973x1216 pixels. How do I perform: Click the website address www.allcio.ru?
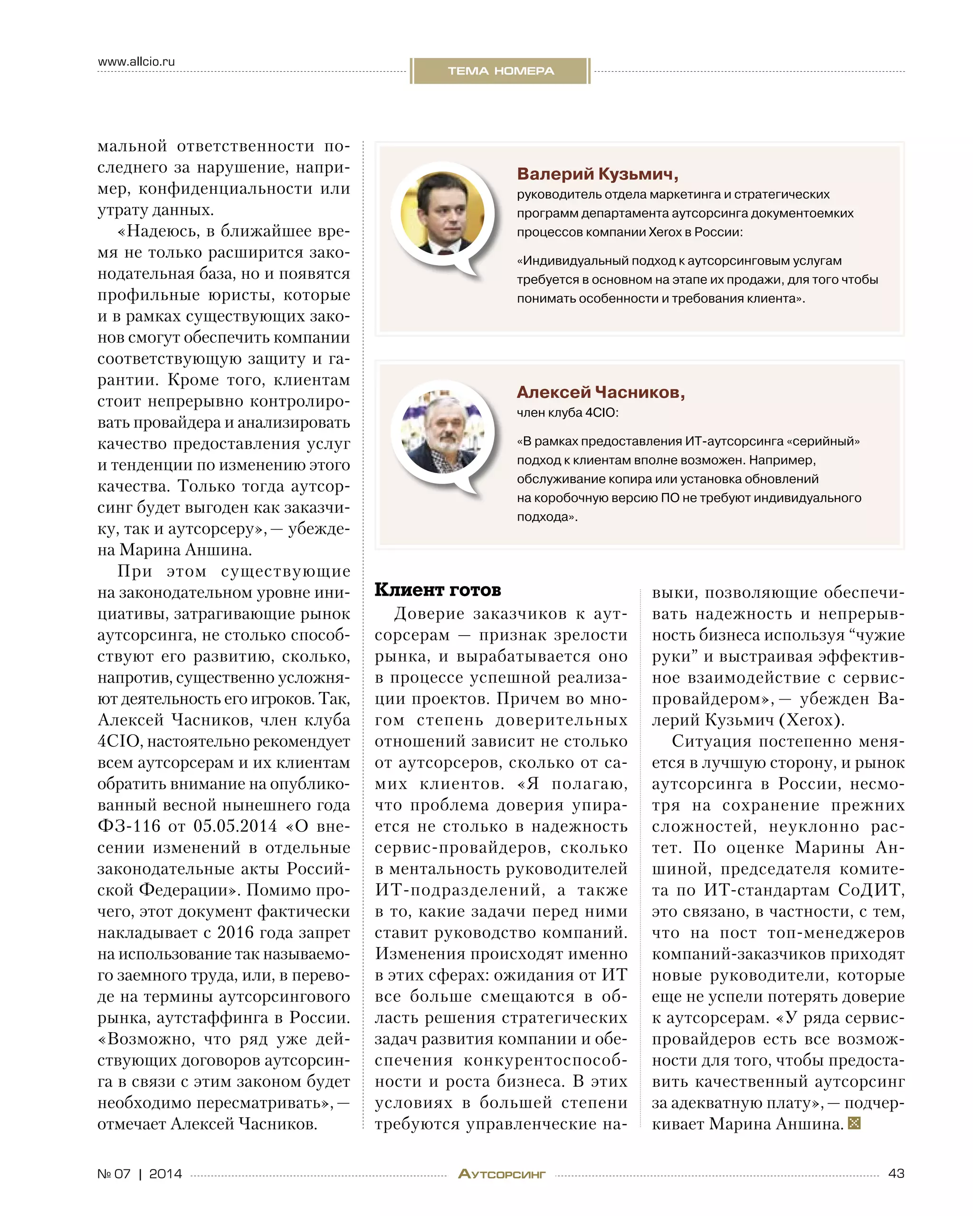tap(136, 61)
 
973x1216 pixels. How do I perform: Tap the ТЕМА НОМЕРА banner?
tap(500, 71)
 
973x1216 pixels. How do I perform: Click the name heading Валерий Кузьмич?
tap(597, 174)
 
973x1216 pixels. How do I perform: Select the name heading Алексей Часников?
tap(601, 392)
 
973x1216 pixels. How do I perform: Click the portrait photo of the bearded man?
tap(442, 431)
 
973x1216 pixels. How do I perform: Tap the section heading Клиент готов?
tap(438, 590)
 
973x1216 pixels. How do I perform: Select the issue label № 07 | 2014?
tap(140, 1174)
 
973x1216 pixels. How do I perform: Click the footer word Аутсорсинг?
tap(501, 1174)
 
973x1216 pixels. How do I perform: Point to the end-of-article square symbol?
tap(854, 1123)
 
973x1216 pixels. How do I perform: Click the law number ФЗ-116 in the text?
tap(129, 826)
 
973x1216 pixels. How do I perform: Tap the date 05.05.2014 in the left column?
tap(235, 826)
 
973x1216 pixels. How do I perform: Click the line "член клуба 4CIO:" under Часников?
tap(567, 413)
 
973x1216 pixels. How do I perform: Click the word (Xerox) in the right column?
tap(811, 720)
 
